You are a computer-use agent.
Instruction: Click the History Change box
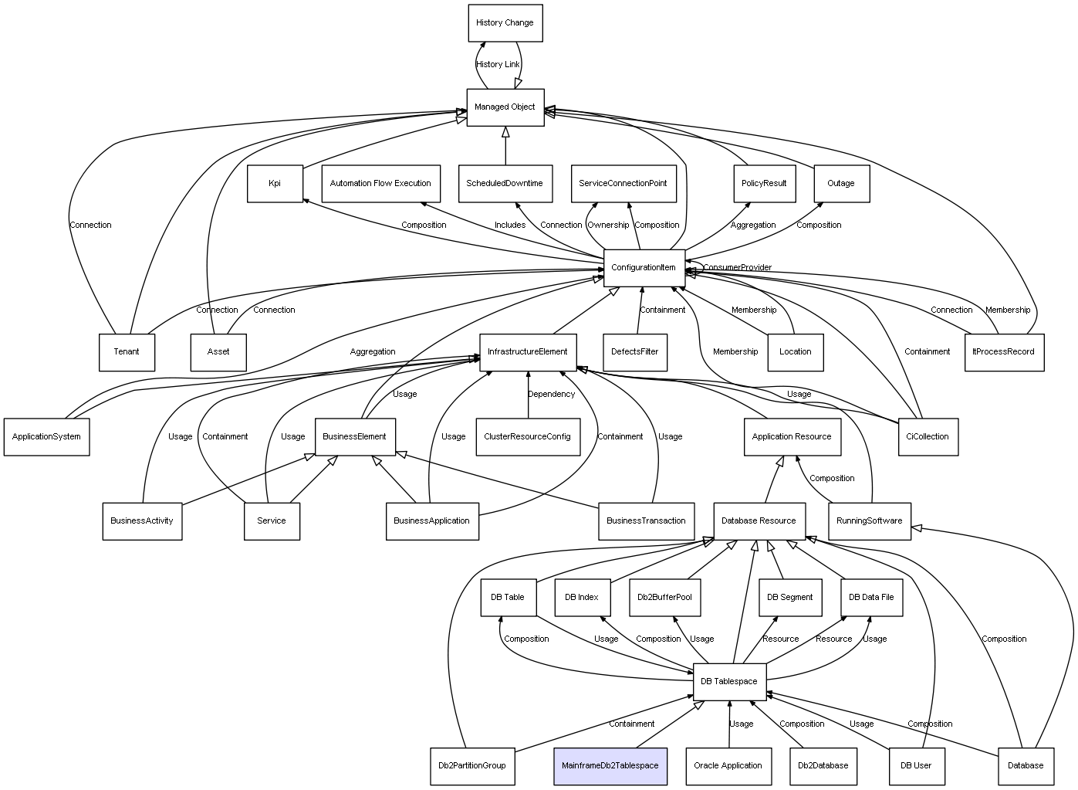(x=505, y=23)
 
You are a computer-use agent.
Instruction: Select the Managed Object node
(x=505, y=107)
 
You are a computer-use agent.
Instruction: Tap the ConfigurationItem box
(x=644, y=268)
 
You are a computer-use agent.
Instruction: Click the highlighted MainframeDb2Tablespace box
(x=610, y=766)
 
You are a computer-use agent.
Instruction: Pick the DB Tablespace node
(x=729, y=682)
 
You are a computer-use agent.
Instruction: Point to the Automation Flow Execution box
(x=380, y=184)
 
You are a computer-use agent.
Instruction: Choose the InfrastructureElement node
(x=527, y=352)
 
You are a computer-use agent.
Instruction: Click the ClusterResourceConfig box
(x=527, y=437)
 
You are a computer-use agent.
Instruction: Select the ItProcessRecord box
(x=1003, y=352)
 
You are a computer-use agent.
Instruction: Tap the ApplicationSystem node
(x=46, y=437)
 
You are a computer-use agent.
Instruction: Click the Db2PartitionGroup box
(x=471, y=766)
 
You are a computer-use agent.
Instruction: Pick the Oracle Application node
(x=728, y=766)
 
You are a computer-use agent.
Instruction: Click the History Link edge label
(x=498, y=65)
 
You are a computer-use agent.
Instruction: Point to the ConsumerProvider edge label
(x=737, y=268)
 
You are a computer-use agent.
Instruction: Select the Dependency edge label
(x=551, y=395)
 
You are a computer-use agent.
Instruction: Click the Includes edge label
(x=510, y=225)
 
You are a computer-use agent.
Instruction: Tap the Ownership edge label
(x=608, y=225)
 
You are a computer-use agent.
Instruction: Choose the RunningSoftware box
(x=869, y=521)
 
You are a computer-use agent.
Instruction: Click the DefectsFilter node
(x=634, y=352)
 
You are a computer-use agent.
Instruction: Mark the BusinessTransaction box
(x=646, y=521)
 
